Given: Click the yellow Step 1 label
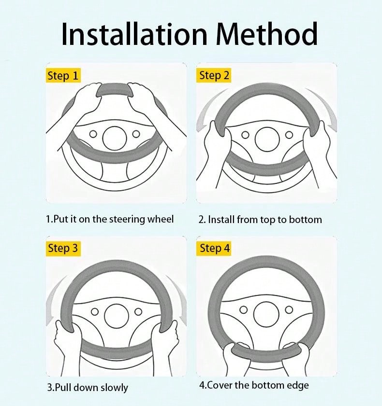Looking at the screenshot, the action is pyautogui.click(x=63, y=75).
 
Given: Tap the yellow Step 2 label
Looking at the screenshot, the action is pyautogui.click(x=214, y=75).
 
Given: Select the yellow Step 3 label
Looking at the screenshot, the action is pyautogui.click(x=63, y=249).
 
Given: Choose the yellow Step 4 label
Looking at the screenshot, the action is pyautogui.click(x=214, y=249).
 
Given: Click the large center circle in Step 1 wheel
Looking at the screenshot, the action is pyautogui.click(x=115, y=138).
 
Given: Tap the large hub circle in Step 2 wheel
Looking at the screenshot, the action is pyautogui.click(x=267, y=140).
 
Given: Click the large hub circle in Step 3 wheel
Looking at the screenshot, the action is pyautogui.click(x=117, y=316).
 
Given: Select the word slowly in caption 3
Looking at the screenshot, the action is pyautogui.click(x=115, y=388).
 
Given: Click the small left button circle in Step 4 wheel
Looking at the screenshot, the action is pyautogui.click(x=244, y=309).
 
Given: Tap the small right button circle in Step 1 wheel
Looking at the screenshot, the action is pyautogui.click(x=136, y=134).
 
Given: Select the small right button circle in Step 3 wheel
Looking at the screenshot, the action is pyautogui.click(x=138, y=311).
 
